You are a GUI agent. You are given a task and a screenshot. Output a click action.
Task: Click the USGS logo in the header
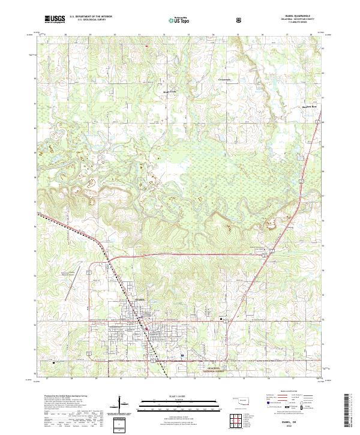tap(55, 19)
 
